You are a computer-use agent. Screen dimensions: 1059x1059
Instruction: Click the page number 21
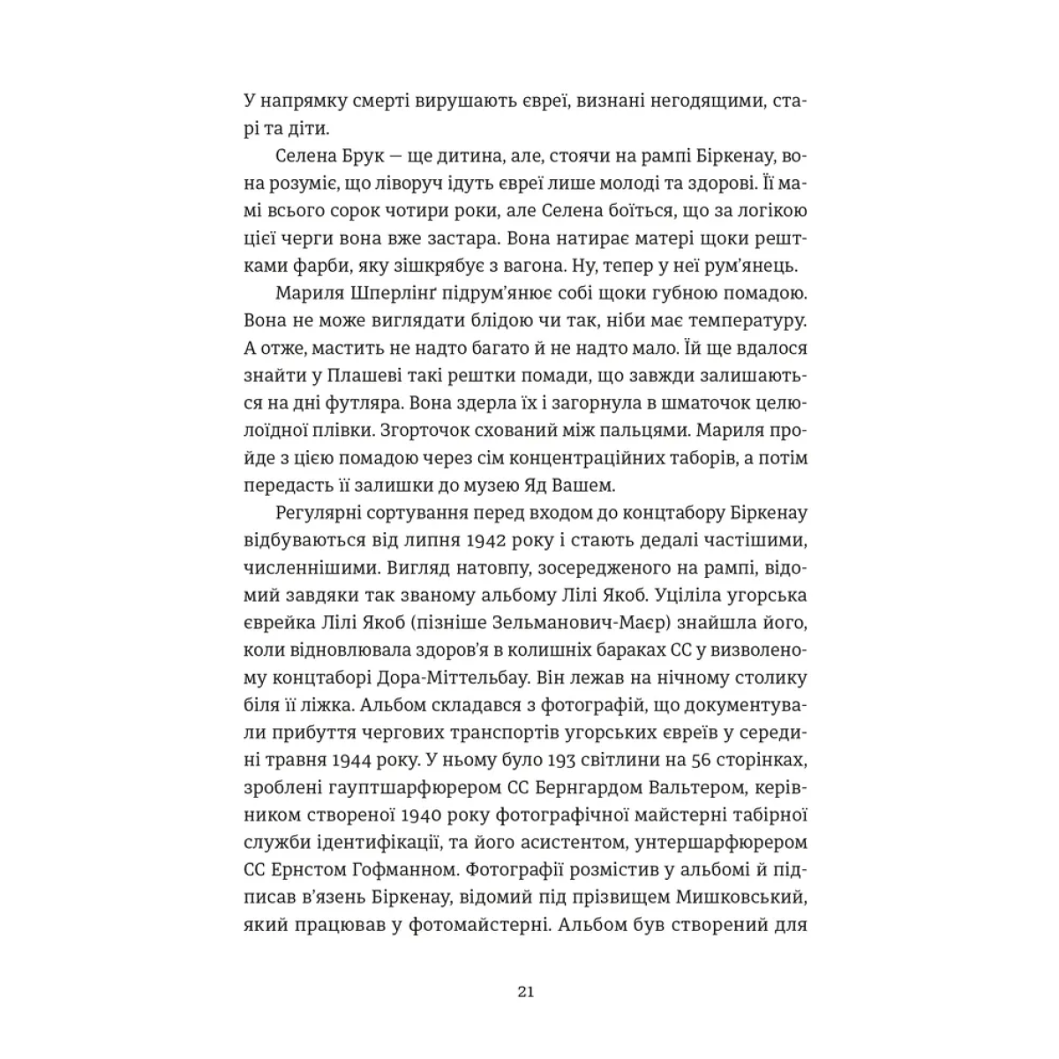(x=526, y=992)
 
